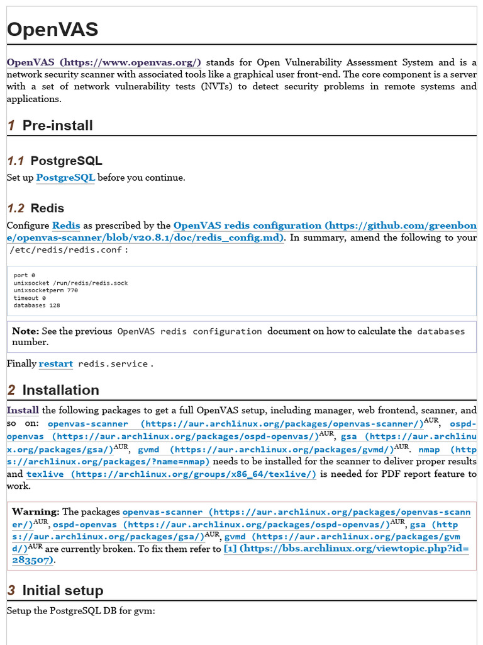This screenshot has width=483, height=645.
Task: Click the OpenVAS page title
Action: tap(52, 30)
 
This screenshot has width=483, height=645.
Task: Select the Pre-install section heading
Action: tap(57, 125)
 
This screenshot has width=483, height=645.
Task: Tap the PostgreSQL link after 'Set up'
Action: tap(65, 178)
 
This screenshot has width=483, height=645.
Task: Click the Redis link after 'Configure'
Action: tap(66, 225)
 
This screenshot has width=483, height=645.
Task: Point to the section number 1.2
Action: tap(16, 208)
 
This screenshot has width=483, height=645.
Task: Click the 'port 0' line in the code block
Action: tap(25, 275)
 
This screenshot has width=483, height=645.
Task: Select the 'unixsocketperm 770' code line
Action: tap(46, 290)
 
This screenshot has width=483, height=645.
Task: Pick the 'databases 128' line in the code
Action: tap(37, 305)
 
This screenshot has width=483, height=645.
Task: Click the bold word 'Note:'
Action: tap(25, 331)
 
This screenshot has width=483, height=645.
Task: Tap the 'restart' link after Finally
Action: tap(55, 364)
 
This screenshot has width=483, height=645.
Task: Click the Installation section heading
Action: tap(60, 390)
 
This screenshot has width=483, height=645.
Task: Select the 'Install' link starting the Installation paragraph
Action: tap(23, 410)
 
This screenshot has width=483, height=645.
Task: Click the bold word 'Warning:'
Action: tap(35, 512)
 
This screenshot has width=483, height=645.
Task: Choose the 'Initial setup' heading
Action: tap(62, 590)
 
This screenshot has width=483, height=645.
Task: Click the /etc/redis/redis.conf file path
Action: tap(67, 250)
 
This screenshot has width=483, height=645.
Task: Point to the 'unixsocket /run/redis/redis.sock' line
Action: tap(70, 283)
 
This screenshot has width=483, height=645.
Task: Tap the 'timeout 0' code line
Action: tap(30, 298)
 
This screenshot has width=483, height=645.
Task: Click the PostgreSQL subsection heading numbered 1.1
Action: tap(66, 161)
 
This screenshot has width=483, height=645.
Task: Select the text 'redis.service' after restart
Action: tap(113, 364)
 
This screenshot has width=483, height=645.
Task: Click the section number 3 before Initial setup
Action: tap(11, 590)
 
